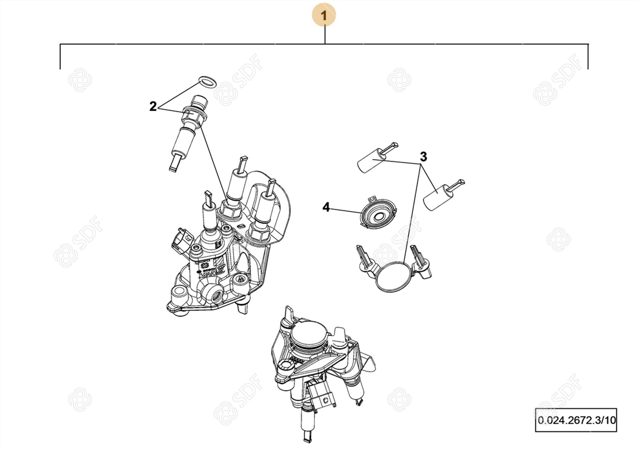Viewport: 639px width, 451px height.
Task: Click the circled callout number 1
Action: click(x=324, y=15)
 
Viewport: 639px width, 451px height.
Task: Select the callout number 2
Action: click(x=153, y=106)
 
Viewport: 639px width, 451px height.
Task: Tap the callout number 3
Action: click(x=423, y=157)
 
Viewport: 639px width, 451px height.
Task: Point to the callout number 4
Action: click(x=326, y=207)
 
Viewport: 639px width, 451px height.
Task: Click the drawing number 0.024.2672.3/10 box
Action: click(x=576, y=420)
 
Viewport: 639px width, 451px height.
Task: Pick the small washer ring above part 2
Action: click(x=207, y=82)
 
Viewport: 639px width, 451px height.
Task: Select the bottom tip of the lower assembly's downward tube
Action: click(x=307, y=438)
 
